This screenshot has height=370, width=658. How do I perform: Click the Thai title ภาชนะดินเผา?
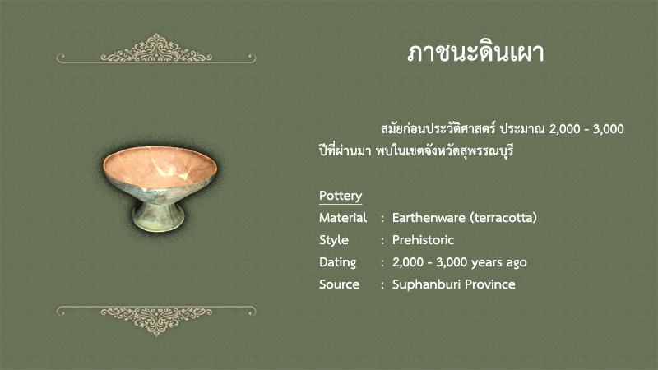point(475,53)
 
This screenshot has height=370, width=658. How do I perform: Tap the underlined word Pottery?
point(341,196)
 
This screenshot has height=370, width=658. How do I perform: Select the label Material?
point(343,218)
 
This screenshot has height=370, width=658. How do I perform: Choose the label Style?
point(334,240)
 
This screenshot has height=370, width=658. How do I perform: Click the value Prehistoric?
point(423,240)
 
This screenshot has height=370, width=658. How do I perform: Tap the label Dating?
point(337,262)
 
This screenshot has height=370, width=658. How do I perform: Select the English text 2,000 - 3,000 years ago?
point(460,262)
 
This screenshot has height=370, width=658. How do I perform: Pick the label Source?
point(339,284)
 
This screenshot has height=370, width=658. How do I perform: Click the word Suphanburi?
point(426,284)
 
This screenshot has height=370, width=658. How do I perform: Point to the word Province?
point(490,284)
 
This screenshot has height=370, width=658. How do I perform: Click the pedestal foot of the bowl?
point(158,215)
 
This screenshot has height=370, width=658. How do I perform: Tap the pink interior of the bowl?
point(160,167)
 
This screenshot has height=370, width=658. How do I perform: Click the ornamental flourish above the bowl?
point(156,49)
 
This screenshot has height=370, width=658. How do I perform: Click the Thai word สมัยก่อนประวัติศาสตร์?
point(438,129)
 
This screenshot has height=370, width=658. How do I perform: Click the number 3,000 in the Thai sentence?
point(608,129)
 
